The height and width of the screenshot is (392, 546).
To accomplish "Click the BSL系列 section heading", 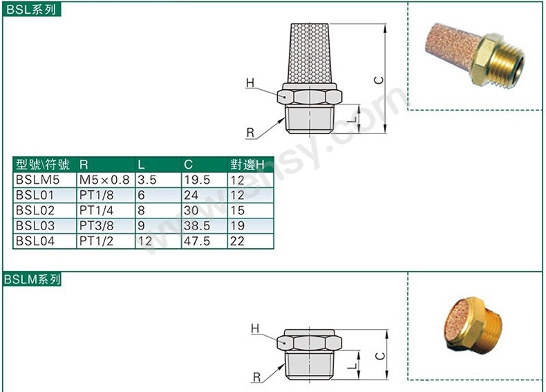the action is coord(31,10).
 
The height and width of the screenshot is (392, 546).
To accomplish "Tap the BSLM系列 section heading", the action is coord(32,279).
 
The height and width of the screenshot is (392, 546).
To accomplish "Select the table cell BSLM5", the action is coord(37,180).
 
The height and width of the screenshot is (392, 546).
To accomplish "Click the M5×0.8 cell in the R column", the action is coord(104,180).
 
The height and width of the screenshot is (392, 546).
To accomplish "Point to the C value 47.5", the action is coord(197,241).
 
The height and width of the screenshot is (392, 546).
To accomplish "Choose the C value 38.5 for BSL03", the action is coord(197,226).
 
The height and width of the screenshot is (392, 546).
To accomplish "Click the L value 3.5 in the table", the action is coord(147,180).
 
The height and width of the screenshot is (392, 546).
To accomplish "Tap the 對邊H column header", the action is coord(247,165).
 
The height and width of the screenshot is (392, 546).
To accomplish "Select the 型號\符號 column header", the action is coord(42,165).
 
